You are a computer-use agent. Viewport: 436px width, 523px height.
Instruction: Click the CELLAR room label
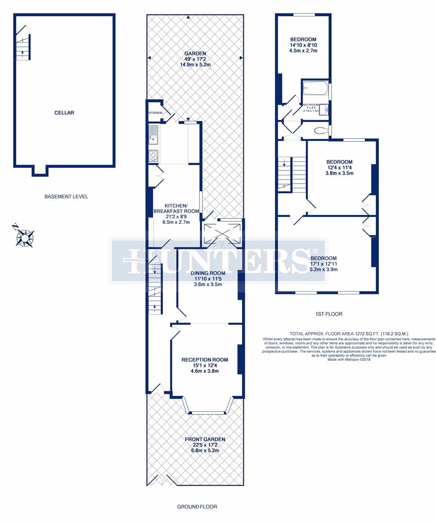coord(64,113)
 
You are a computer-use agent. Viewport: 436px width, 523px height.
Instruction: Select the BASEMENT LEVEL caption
coord(66,197)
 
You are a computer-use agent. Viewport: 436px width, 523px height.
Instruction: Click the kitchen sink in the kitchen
coord(153,135)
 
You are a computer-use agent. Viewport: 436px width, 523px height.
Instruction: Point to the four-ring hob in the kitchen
coord(153,155)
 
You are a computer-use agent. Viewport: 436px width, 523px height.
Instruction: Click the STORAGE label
coord(155,113)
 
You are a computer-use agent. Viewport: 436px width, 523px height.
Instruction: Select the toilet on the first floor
coord(320,130)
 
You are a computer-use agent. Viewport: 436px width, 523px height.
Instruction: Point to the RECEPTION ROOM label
coord(204,360)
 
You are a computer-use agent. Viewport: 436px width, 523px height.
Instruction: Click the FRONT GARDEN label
coord(205,439)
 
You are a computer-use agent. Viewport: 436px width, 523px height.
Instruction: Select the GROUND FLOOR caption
coord(196,507)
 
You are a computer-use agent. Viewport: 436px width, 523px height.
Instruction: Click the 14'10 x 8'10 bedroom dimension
coord(303,45)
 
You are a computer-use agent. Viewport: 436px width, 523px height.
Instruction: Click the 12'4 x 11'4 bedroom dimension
coord(339,168)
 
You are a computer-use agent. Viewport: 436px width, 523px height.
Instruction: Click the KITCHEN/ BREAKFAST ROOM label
coord(176,208)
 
